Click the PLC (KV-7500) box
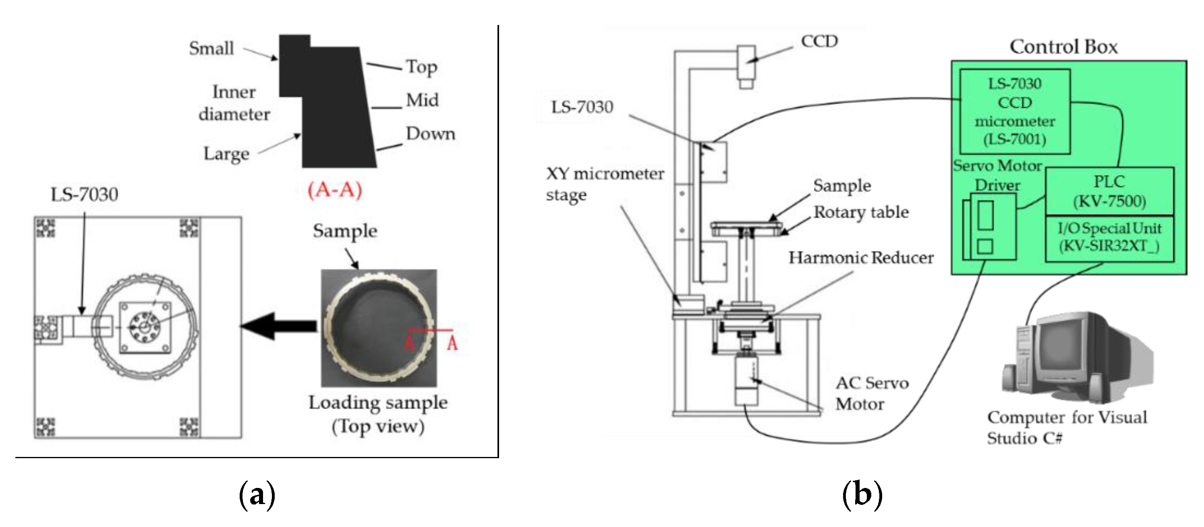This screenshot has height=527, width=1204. point(1109,191)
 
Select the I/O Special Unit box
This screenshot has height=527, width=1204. point(1109,238)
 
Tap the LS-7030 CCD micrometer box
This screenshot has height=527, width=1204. point(1014,111)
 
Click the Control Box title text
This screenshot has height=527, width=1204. point(1063,47)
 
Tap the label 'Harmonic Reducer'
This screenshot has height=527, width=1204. point(860,257)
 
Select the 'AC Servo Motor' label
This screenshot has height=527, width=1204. point(871,393)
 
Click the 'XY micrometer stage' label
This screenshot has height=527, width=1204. point(604,184)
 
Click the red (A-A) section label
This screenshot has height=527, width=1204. point(335,190)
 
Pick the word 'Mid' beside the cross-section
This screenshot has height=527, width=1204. point(422,100)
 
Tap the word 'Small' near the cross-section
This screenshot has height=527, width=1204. point(211,48)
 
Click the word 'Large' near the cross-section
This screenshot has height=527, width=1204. point(226,154)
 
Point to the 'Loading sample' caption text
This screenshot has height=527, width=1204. point(378,403)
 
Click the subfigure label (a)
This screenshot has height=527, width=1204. point(257,495)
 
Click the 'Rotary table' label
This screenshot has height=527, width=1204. point(861,212)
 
